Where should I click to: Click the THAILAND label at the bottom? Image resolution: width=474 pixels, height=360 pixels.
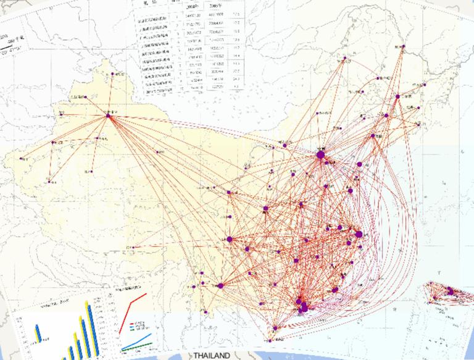(211, 356)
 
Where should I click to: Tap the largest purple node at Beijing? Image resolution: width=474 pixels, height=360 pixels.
(320, 155)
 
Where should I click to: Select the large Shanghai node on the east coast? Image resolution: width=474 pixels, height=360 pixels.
(358, 235)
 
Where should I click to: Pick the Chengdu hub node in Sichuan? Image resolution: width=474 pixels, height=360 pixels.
(229, 238)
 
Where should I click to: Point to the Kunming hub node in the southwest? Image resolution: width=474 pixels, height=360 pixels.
(220, 286)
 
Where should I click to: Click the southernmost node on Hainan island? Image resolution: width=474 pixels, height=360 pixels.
(272, 339)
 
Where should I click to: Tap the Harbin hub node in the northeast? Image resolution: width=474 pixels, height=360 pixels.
(397, 97)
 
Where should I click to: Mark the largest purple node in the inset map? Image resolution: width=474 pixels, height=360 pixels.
(450, 291)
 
